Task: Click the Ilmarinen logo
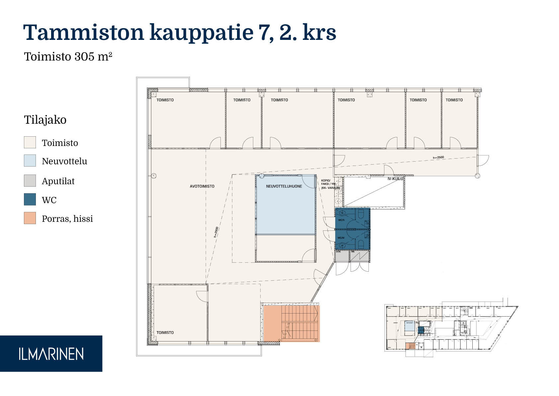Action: pos(51,354)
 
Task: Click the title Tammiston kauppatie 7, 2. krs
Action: pos(180,33)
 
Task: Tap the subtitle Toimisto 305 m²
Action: pos(68,57)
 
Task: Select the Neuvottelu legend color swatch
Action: pos(30,161)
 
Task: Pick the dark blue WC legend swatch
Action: pos(30,199)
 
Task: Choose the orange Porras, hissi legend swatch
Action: pos(30,218)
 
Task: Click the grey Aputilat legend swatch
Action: pos(30,181)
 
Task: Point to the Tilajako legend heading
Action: pos(45,120)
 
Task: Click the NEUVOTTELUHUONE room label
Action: pos(284,186)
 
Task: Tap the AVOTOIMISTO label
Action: pos(202,186)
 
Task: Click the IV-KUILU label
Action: pos(395,179)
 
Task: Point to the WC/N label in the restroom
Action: pos(341,220)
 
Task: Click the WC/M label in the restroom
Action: pos(341,238)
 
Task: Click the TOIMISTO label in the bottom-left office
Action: pos(165,332)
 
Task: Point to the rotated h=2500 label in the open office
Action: pos(216,232)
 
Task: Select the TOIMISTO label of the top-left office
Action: pos(165,100)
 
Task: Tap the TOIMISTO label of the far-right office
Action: pos(454,100)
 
